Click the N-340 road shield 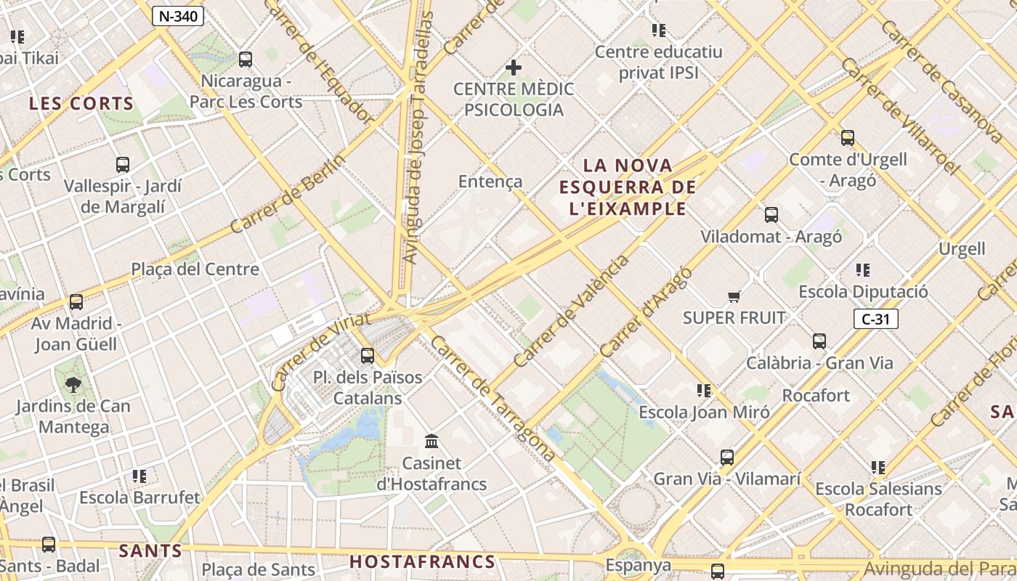point(178,16)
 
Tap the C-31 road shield point(876,319)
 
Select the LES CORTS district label point(81,104)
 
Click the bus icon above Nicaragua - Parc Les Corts point(246,60)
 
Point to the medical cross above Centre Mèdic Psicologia point(514,68)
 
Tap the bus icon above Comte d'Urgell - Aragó point(848,138)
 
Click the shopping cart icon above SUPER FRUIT point(734,296)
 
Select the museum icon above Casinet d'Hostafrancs point(432,441)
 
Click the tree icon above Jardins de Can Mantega point(73,385)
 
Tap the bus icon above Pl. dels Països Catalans point(368,356)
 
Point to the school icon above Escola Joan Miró point(703,391)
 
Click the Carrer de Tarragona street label point(493,398)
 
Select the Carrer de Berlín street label point(288,195)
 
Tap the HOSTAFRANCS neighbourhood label point(422,561)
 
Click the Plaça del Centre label point(195,269)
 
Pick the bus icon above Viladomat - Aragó point(771,215)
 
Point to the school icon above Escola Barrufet point(139,476)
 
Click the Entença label point(490,181)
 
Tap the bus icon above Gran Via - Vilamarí point(727,458)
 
